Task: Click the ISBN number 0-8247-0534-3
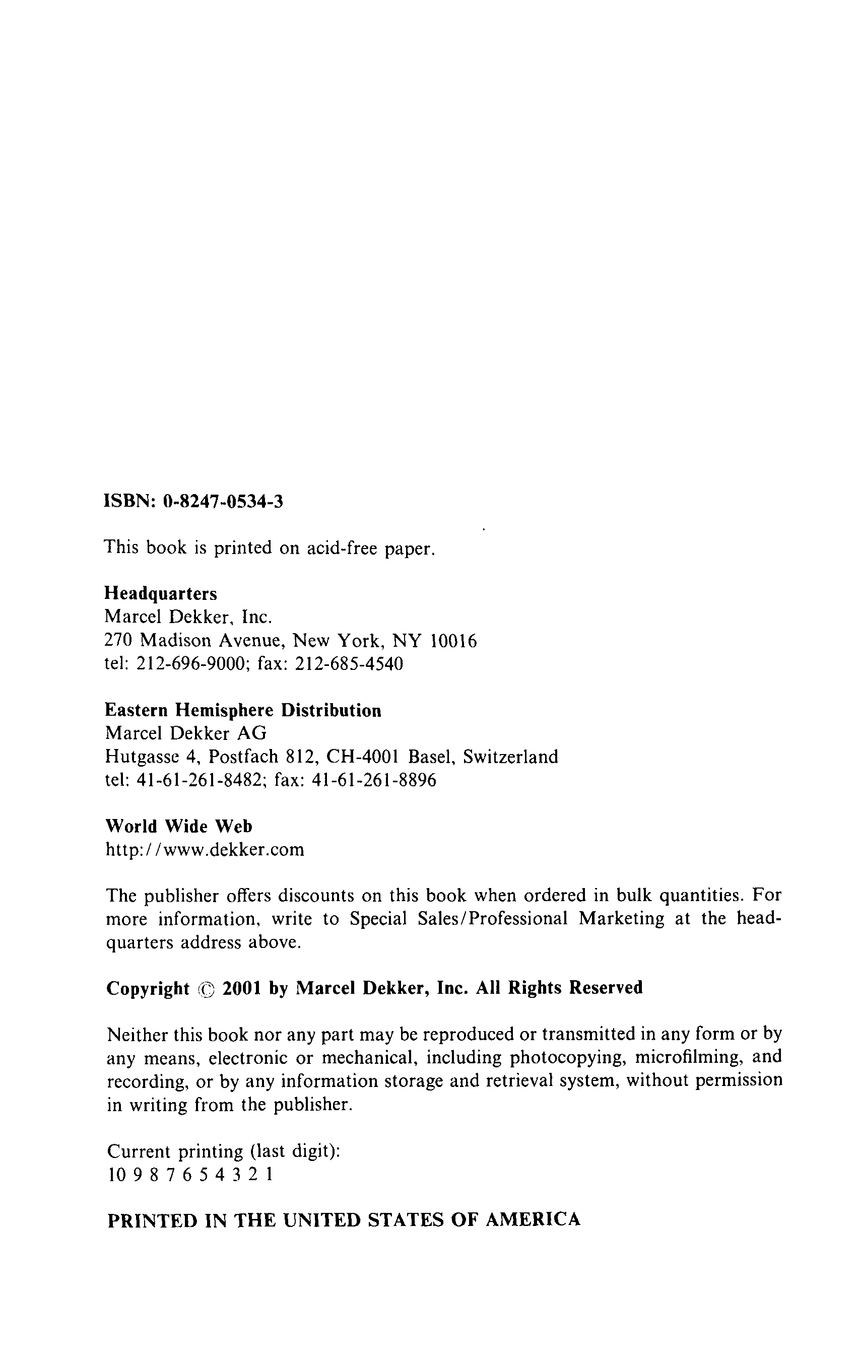[x=223, y=502]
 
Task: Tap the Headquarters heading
[x=161, y=594]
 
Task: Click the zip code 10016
[x=453, y=640]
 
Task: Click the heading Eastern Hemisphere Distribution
[x=243, y=710]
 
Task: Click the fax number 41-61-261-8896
[x=374, y=781]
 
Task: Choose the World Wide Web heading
[x=179, y=827]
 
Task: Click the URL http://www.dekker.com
[x=205, y=850]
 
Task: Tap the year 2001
[x=242, y=988]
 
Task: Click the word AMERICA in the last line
[x=533, y=1220]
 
